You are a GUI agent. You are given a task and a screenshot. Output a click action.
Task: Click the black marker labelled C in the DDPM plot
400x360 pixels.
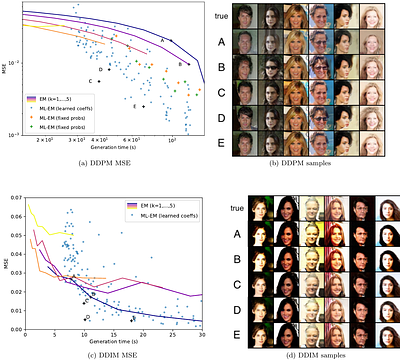(x=101, y=80)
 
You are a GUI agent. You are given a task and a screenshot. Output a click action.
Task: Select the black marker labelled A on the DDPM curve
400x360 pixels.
(x=169, y=41)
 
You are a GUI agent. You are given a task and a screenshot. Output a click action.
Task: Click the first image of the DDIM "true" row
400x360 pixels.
(x=267, y=208)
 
